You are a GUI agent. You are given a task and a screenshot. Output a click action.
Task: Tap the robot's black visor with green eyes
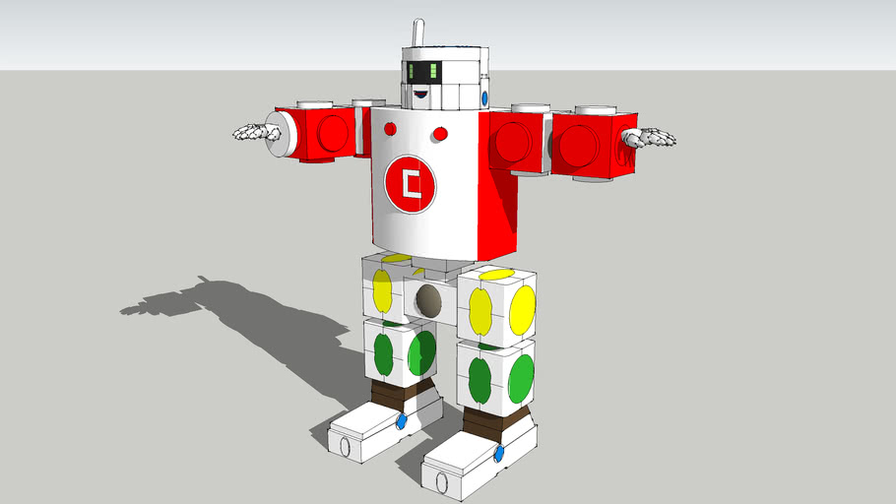click(427, 72)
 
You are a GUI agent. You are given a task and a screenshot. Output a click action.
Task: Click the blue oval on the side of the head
click(484, 98)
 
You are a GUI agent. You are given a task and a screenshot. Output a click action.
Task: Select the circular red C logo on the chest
click(412, 184)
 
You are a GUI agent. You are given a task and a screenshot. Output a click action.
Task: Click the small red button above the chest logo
click(440, 133)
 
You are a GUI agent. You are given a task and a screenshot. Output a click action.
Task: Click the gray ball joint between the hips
click(427, 300)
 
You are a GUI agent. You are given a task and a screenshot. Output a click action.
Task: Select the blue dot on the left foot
click(401, 422)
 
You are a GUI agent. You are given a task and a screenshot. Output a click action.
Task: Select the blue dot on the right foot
click(499, 454)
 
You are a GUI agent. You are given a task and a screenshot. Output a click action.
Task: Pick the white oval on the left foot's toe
click(345, 446)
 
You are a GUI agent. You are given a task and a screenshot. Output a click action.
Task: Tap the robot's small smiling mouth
click(420, 94)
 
